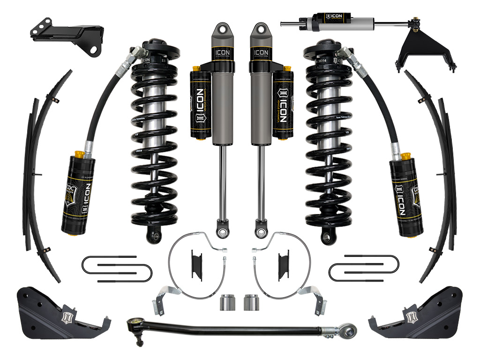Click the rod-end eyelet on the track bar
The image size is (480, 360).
pos(347,329)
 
